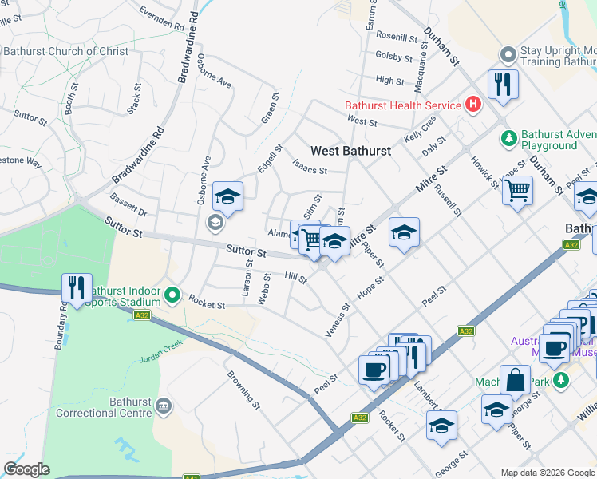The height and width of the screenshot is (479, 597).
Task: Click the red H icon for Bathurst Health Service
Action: (474, 105)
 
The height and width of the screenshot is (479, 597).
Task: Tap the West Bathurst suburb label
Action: (350, 151)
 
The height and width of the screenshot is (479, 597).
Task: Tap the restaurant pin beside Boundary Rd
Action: (77, 288)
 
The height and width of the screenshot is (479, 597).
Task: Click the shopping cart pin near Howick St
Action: (518, 191)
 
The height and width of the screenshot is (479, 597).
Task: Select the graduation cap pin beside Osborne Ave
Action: (227, 196)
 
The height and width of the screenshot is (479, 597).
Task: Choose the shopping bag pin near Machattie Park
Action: (515, 380)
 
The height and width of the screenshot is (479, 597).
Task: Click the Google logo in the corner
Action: (26, 469)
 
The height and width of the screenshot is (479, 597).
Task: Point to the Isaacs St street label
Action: (310, 169)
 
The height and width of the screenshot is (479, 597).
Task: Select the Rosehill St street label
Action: (397, 38)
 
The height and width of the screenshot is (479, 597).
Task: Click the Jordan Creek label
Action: (162, 349)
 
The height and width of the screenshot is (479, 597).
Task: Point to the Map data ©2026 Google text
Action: (547, 473)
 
